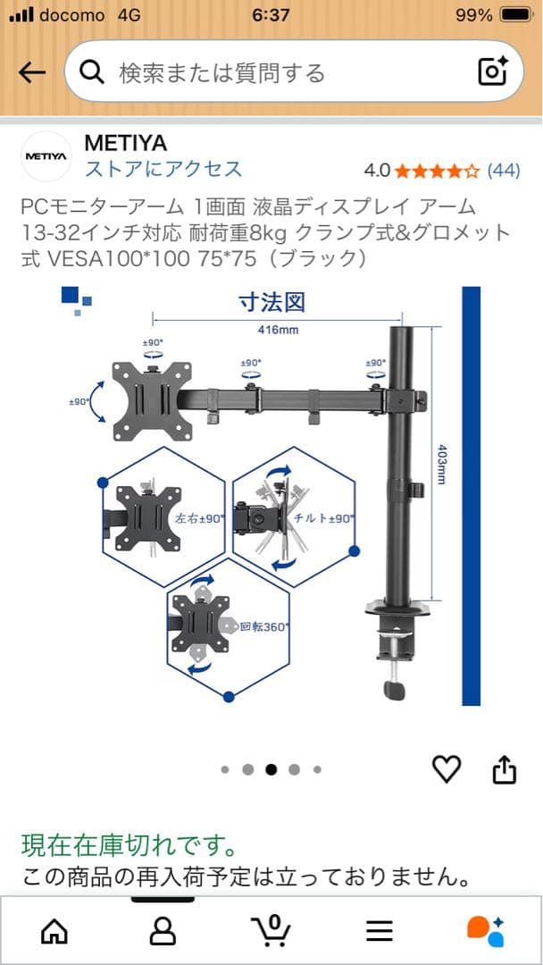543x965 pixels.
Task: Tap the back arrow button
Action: pos(32,73)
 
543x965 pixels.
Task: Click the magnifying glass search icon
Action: pos(92,73)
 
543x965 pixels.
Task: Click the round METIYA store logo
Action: pos(46,156)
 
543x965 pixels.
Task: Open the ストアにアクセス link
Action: pos(163,169)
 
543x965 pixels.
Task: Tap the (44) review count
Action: pos(503,171)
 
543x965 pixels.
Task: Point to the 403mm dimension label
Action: pos(440,464)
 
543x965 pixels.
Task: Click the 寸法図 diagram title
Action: pos(271,302)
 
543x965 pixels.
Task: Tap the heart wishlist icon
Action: pos(447,768)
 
